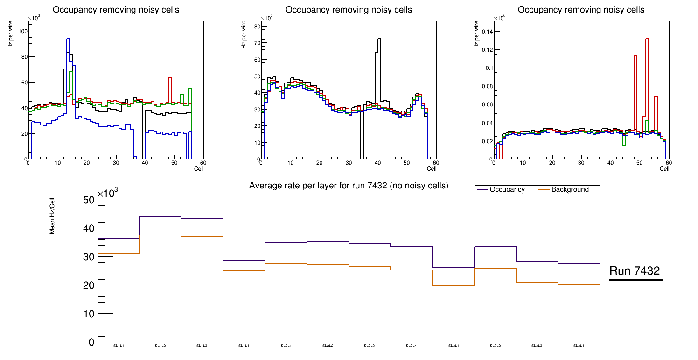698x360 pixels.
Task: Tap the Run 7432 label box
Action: pyautogui.click(x=635, y=271)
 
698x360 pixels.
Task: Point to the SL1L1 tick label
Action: pyautogui.click(x=119, y=346)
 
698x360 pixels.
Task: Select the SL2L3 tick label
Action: pyautogui.click(x=370, y=346)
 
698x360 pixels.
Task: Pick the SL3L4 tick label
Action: pyautogui.click(x=579, y=346)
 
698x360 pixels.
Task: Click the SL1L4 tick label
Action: pyautogui.click(x=244, y=346)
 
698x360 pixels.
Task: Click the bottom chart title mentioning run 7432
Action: pyautogui.click(x=349, y=186)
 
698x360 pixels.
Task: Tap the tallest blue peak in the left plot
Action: pyautogui.click(x=68, y=40)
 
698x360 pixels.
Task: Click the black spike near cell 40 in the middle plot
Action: pyautogui.click(x=379, y=40)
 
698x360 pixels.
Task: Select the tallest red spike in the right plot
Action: pyautogui.click(x=647, y=40)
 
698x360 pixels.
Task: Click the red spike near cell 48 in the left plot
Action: pyautogui.click(x=170, y=78)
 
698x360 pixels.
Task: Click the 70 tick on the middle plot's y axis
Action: pyautogui.click(x=256, y=43)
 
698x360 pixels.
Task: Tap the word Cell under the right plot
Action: pyautogui.click(x=664, y=169)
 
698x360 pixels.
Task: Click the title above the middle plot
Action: pyautogui.click(x=349, y=10)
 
